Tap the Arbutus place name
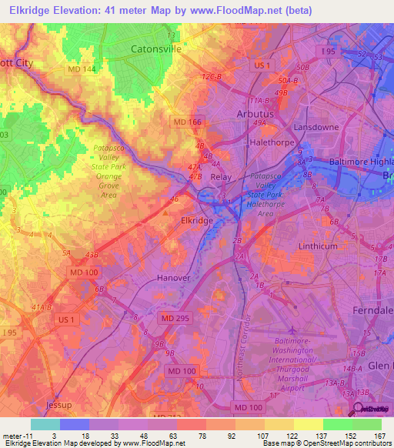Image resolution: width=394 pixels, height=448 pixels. [x=254, y=114]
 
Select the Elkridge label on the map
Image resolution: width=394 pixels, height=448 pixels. [x=196, y=220]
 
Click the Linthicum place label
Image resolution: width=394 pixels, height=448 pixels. [x=317, y=246]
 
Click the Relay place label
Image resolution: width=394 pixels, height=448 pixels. [x=221, y=176]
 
